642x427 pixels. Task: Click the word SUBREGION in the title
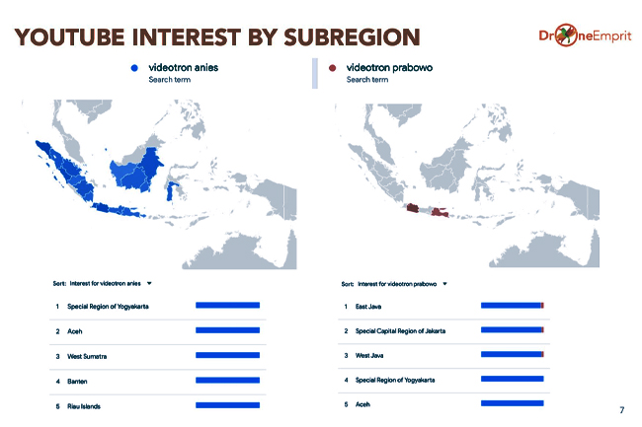tap(352, 37)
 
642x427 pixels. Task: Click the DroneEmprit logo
tap(585, 36)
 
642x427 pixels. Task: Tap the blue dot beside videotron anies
tap(134, 68)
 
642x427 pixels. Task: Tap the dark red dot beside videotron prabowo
tap(333, 68)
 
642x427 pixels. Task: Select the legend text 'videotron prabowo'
tap(389, 67)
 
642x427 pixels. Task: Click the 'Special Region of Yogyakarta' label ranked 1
tap(108, 307)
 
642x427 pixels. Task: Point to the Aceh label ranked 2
tap(74, 331)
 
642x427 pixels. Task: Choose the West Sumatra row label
tap(87, 356)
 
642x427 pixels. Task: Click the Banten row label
tap(77, 382)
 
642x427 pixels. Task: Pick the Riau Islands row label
tap(84, 406)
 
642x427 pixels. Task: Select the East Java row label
tap(368, 307)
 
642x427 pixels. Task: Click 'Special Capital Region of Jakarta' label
tap(400, 331)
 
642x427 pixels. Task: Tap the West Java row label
tap(369, 355)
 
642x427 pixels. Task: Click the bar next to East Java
tap(513, 306)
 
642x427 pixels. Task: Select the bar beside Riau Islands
tap(227, 405)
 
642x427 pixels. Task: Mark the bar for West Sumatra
tap(227, 355)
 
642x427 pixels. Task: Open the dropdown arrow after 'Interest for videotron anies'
tap(149, 283)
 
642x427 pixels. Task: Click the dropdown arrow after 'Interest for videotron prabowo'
tap(444, 284)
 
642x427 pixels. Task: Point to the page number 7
tap(622, 410)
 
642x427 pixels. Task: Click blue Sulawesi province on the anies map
tap(170, 191)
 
